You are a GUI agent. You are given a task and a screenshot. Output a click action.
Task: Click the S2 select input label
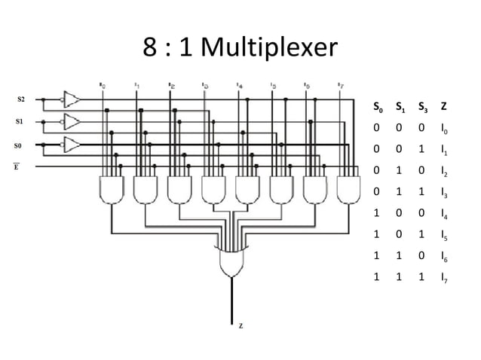20,99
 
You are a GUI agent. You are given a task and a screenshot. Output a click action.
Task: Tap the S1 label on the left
20,121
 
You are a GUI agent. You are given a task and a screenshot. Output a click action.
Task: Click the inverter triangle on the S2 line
72,99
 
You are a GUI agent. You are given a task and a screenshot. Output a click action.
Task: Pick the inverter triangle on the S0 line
72,144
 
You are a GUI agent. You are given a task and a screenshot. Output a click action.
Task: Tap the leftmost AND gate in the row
112,189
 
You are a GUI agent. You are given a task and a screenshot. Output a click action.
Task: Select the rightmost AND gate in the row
349,189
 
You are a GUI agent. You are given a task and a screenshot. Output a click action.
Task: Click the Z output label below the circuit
240,325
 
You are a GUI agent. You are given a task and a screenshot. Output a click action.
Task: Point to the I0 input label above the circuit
103,85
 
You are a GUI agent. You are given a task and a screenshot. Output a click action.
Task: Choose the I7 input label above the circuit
341,85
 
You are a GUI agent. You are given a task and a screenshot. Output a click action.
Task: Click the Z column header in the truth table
443,108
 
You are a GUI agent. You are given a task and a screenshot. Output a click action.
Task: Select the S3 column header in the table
421,108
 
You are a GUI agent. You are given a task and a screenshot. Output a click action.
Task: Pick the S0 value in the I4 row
376,214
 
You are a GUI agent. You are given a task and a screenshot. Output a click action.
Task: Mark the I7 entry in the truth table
444,278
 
